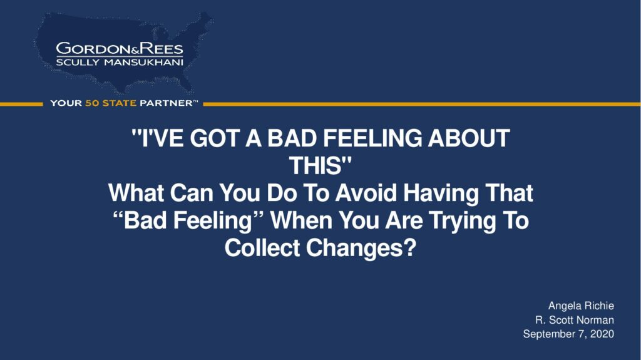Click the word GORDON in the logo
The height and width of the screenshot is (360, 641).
93,49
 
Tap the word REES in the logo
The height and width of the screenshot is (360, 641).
162,49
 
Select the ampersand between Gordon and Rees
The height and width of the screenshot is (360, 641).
135,51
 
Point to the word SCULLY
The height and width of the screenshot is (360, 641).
78,62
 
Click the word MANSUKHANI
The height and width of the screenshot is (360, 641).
143,62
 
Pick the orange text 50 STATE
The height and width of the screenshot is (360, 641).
110,103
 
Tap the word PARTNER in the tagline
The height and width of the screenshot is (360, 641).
166,103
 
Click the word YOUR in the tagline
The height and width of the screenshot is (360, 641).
66,103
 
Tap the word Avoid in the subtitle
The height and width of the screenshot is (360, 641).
366,193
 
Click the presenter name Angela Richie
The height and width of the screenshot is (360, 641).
581,306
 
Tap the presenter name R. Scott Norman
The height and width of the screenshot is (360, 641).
575,320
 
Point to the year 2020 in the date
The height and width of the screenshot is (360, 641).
602,334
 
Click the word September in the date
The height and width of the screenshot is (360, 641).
546,334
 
